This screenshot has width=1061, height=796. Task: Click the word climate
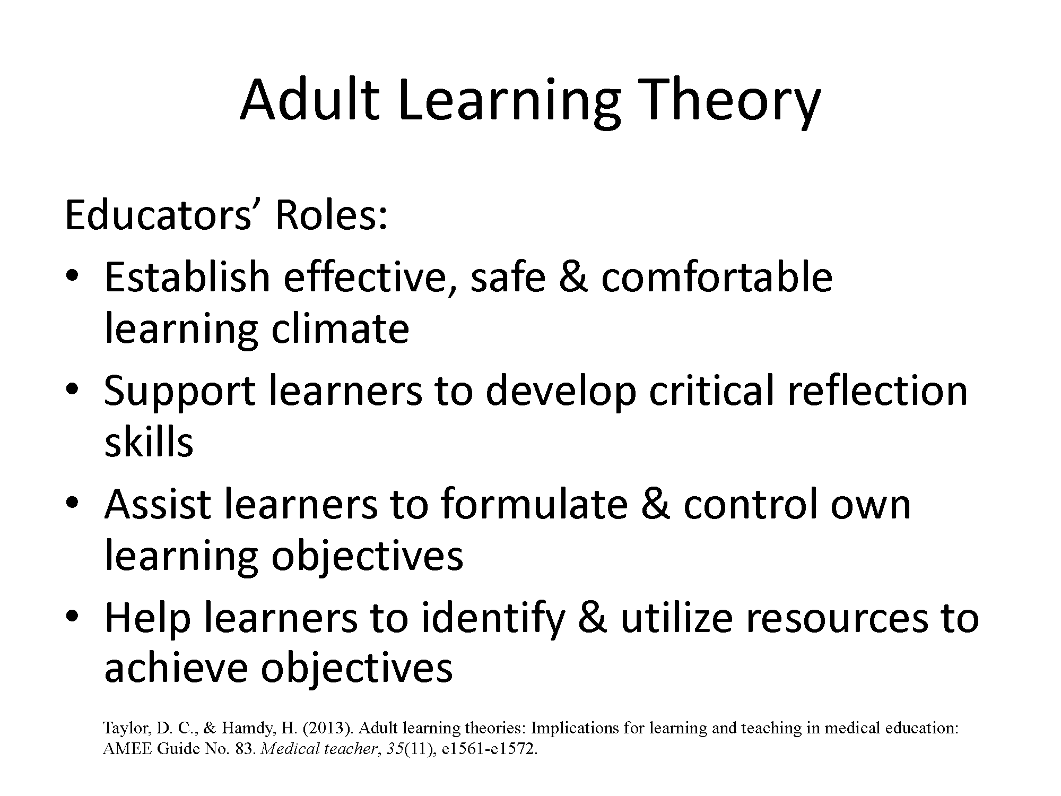[x=340, y=328]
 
